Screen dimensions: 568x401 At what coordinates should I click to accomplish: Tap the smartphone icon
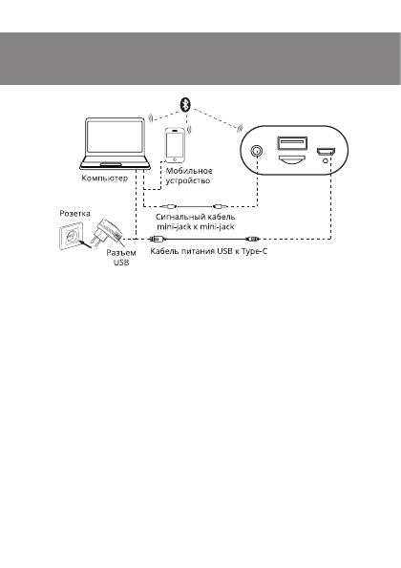click(x=175, y=144)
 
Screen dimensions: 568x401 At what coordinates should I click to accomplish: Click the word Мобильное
click(x=188, y=169)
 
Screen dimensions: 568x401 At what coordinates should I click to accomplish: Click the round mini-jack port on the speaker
click(x=256, y=151)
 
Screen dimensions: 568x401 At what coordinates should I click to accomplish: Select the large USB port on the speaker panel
click(x=291, y=145)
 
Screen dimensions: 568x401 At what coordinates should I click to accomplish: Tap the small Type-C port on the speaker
click(x=326, y=151)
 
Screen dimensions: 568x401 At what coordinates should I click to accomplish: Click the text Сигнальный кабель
click(x=196, y=217)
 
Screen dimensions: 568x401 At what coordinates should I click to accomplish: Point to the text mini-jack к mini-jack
click(x=196, y=227)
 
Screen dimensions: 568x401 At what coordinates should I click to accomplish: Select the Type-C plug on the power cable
click(x=252, y=239)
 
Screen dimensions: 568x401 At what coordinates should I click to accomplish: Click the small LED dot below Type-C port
click(x=326, y=164)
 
